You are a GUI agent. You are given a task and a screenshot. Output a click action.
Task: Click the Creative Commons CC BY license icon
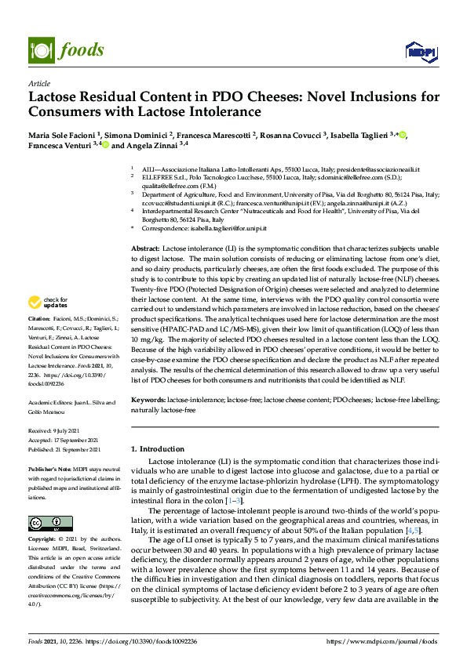tap(45, 500)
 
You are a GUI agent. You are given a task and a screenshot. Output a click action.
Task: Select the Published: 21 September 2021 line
tap(64, 450)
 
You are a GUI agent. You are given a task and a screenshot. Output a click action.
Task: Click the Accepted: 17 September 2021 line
tap(65, 441)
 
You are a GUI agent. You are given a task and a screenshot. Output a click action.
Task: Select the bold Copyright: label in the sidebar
tap(42, 518)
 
